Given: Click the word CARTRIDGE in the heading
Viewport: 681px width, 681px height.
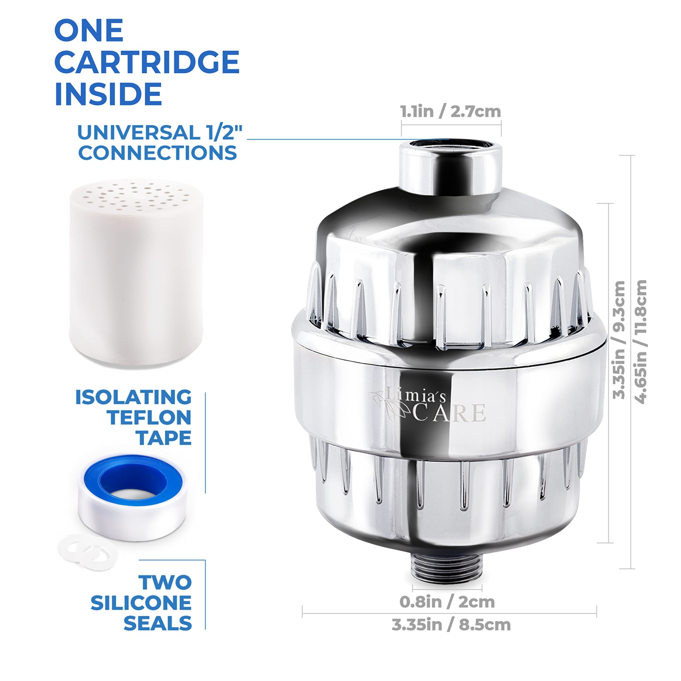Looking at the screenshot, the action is pyautogui.click(x=147, y=62).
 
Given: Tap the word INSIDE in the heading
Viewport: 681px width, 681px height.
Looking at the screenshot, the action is pyautogui.click(x=108, y=94).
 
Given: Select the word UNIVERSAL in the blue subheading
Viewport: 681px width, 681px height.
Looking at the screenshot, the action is pyautogui.click(x=139, y=133).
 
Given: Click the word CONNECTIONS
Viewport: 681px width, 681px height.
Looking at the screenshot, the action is pyautogui.click(x=158, y=153).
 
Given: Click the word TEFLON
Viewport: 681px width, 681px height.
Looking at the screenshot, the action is pyautogui.click(x=149, y=418).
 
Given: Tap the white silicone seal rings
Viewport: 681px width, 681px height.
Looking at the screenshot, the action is pyautogui.click(x=88, y=552).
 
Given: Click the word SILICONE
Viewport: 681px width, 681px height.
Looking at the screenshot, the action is pyautogui.click(x=141, y=603).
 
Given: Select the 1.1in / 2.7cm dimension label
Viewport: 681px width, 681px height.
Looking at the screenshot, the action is pyautogui.click(x=450, y=111).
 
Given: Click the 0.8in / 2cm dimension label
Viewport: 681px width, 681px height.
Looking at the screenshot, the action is pyautogui.click(x=447, y=602).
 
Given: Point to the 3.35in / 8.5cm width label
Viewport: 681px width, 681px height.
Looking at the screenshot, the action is pyautogui.click(x=451, y=625).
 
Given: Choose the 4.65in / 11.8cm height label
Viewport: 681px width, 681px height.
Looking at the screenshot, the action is pyautogui.click(x=641, y=341).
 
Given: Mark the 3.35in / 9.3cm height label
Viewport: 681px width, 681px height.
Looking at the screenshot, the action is pyautogui.click(x=619, y=340).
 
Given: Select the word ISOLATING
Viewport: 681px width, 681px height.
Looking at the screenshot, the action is pyautogui.click(x=133, y=397).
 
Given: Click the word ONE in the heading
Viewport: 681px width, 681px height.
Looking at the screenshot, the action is pyautogui.click(x=89, y=30).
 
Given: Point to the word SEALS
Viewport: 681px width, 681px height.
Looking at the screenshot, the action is pyautogui.click(x=158, y=623).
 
